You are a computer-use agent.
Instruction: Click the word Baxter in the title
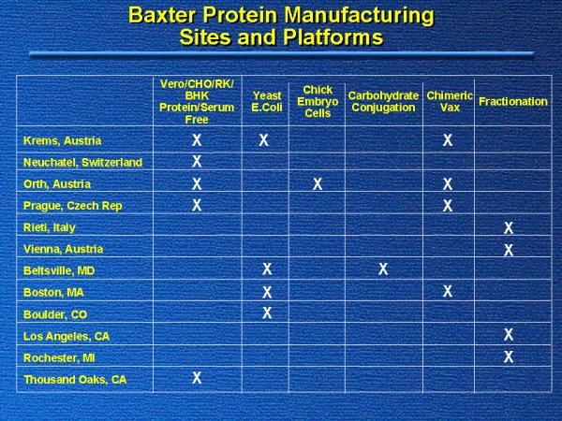pyautogui.click(x=162, y=16)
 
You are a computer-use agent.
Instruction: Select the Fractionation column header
pyautogui.click(x=513, y=102)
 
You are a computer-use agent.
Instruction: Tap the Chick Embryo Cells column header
pyautogui.click(x=318, y=101)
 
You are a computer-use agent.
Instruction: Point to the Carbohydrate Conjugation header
pyautogui.click(x=383, y=102)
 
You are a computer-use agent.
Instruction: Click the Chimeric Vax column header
pyautogui.click(x=450, y=102)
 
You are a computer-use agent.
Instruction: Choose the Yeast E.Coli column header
pyautogui.click(x=267, y=102)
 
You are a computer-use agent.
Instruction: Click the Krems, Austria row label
pyautogui.click(x=62, y=140)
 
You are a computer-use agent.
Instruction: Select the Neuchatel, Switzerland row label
pyautogui.click(x=82, y=163)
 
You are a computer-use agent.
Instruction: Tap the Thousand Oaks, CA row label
pyautogui.click(x=75, y=380)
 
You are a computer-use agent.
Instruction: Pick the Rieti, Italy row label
pyautogui.click(x=50, y=227)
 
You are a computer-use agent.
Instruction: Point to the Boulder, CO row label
pyautogui.click(x=55, y=314)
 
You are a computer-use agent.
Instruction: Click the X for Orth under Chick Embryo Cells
pyautogui.click(x=318, y=184)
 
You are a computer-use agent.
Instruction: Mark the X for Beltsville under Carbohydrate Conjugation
pyautogui.click(x=383, y=269)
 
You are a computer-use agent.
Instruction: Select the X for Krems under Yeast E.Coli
pyautogui.click(x=264, y=140)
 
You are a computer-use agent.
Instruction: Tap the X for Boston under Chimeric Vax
pyautogui.click(x=448, y=291)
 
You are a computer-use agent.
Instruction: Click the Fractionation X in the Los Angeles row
pyautogui.click(x=509, y=334)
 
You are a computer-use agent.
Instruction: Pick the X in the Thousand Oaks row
pyautogui.click(x=197, y=378)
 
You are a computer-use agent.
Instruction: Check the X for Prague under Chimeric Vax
pyautogui.click(x=448, y=206)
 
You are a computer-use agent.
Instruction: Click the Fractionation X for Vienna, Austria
pyautogui.click(x=509, y=250)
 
